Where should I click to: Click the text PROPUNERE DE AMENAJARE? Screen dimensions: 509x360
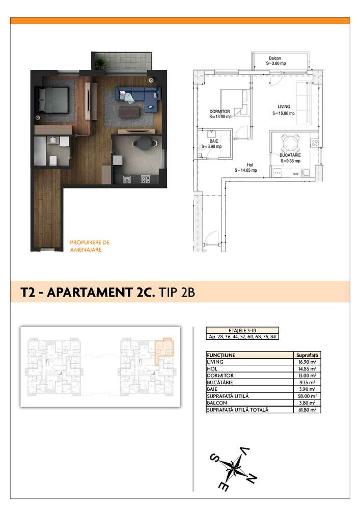click(89, 246)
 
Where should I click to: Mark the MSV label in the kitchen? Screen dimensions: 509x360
click(295, 173)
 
